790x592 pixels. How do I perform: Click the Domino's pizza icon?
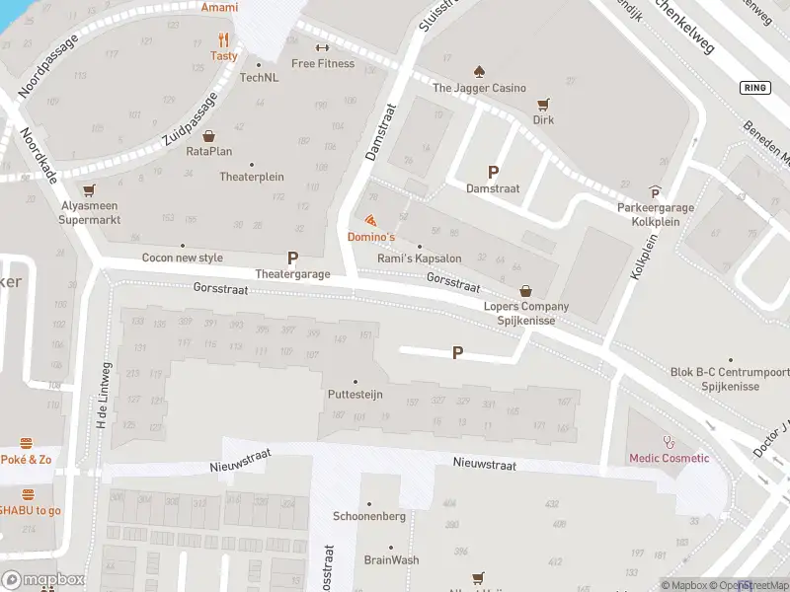[370, 220]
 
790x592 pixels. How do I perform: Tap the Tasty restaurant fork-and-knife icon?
[224, 40]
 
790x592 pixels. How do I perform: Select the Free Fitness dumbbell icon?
[322, 47]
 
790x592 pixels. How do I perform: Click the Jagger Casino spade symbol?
[479, 71]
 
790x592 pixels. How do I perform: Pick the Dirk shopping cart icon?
[542, 104]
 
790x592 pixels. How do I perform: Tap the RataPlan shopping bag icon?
[208, 135]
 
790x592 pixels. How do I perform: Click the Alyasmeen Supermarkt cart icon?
[90, 189]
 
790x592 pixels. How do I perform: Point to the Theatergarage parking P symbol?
[292, 257]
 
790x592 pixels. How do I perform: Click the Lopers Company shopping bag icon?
[525, 291]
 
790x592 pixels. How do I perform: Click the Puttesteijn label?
[355, 394]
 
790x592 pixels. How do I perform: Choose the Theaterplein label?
[251, 177]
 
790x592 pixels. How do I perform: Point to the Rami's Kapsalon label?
[419, 258]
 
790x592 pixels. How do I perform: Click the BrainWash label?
[391, 559]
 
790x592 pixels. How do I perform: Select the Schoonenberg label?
[370, 516]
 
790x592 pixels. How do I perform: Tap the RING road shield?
[753, 88]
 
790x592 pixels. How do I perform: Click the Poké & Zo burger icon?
[27, 443]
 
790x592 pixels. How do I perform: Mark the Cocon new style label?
[183, 258]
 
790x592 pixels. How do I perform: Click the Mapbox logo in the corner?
[42, 579]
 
